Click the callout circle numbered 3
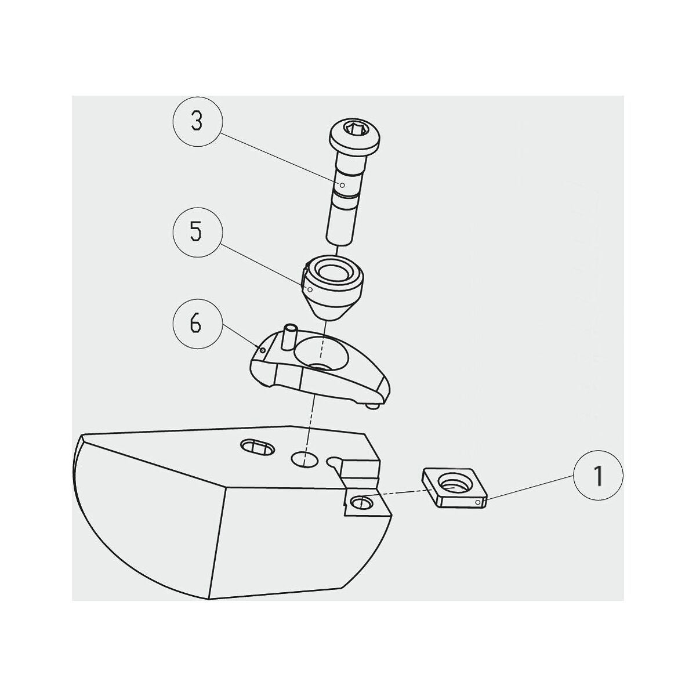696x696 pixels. [197, 122]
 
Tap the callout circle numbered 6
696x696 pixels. [197, 324]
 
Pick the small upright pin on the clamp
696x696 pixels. [289, 336]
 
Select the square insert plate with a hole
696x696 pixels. [454, 488]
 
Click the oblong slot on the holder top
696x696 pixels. [258, 448]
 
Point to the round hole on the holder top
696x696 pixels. [304, 459]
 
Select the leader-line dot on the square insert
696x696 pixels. [478, 502]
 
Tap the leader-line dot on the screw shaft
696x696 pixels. [343, 185]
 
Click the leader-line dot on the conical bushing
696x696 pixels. [310, 289]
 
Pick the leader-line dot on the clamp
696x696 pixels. [263, 350]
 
